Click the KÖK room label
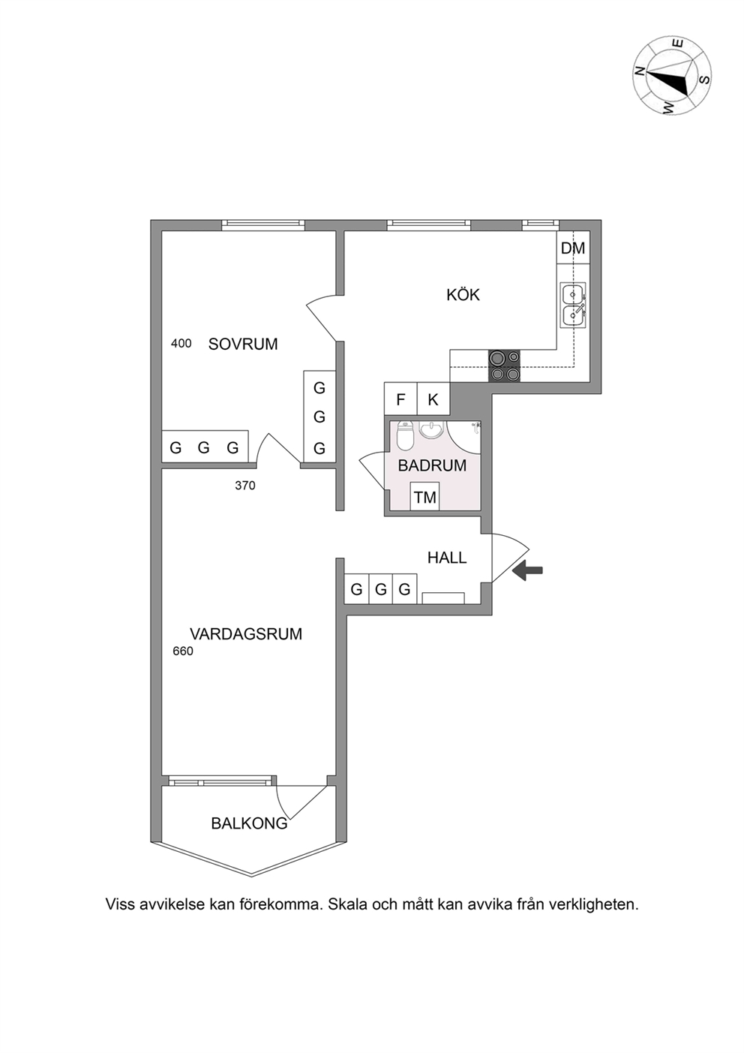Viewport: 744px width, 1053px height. (x=463, y=295)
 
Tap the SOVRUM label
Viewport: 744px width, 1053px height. (x=243, y=344)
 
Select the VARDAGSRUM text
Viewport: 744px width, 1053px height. (x=246, y=634)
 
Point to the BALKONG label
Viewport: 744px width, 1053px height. (x=249, y=823)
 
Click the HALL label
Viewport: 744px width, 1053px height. (x=447, y=558)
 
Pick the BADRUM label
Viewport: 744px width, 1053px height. (x=432, y=466)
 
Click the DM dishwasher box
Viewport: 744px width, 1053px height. (x=573, y=248)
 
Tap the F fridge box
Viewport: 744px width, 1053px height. (x=400, y=399)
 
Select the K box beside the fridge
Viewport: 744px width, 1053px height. (x=433, y=399)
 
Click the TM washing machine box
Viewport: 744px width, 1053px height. (x=425, y=496)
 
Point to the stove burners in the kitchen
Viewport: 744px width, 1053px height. (x=505, y=366)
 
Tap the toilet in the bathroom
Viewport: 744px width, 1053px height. (x=404, y=435)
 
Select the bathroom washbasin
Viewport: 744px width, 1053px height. (x=431, y=429)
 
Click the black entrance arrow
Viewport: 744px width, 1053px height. (x=527, y=570)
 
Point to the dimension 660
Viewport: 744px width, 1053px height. (x=183, y=651)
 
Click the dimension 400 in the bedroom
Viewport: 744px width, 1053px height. (x=181, y=344)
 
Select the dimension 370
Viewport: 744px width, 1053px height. (x=245, y=486)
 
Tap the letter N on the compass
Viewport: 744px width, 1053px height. (x=639, y=71)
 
